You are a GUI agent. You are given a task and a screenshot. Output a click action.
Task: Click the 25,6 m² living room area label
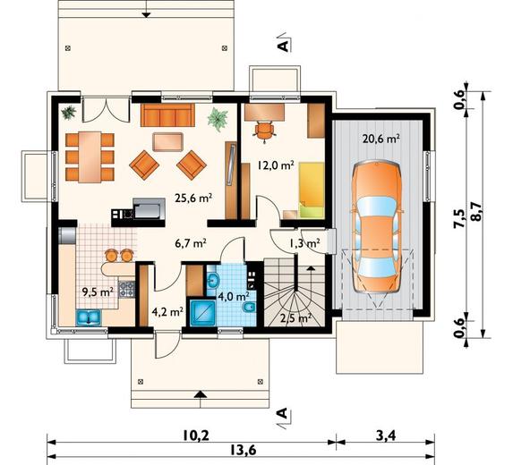click(x=194, y=198)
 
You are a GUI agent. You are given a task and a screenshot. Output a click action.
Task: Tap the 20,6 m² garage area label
click(x=380, y=139)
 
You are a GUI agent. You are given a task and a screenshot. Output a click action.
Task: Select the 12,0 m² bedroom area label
click(x=276, y=165)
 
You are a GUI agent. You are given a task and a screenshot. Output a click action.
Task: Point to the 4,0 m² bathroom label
click(x=234, y=296)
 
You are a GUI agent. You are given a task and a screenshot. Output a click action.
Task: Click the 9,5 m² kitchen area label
click(x=98, y=292)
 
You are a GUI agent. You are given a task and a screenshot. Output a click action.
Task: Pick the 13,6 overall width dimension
click(x=242, y=451)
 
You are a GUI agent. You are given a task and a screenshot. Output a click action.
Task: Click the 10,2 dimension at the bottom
click(x=196, y=435)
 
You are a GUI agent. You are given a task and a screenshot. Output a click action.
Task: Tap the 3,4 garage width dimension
click(x=386, y=435)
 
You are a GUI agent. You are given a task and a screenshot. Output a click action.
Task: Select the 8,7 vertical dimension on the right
click(x=476, y=212)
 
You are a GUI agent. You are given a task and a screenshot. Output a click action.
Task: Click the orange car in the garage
click(x=377, y=227)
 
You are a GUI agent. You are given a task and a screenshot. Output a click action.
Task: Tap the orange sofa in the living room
click(x=167, y=115)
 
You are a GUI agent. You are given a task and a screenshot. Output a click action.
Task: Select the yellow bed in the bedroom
click(x=312, y=190)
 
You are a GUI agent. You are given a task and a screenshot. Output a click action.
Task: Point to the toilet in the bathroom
click(x=250, y=308)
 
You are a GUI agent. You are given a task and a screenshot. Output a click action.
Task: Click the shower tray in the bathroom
click(x=203, y=313)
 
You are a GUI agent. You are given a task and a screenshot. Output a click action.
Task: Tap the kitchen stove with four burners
click(x=126, y=289)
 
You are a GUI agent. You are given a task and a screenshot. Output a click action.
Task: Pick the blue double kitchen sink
click(x=89, y=317)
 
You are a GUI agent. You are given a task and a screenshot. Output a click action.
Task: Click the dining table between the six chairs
click(x=90, y=156)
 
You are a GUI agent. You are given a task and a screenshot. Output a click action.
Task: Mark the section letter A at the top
click(x=283, y=46)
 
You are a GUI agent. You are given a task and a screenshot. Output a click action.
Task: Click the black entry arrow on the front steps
click(x=201, y=394)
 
